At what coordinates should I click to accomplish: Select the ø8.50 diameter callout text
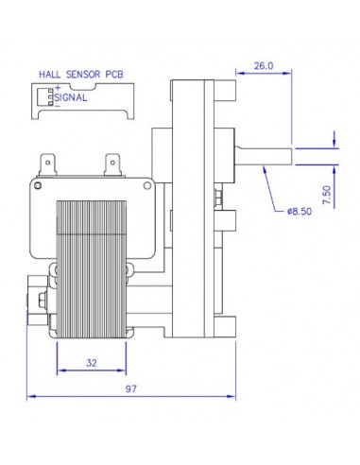(298, 211)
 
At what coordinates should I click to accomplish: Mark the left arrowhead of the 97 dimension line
(30, 395)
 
